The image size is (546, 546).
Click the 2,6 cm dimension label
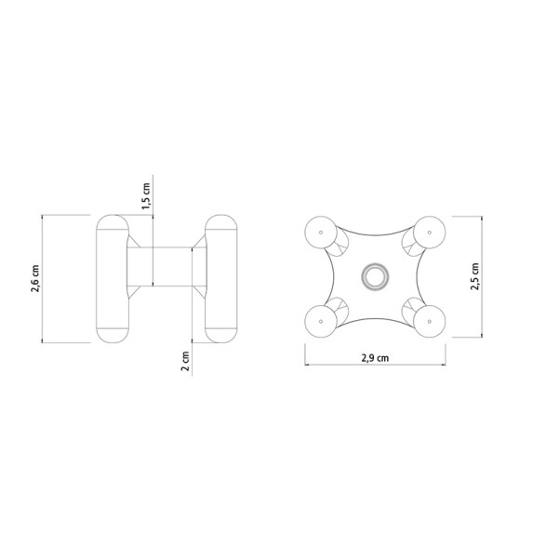[34, 279]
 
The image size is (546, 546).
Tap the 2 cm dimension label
[186, 361]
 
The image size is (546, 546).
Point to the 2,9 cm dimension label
[375, 358]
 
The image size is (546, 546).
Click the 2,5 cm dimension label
[475, 275]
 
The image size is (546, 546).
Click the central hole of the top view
[375, 276]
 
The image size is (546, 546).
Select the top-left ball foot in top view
[321, 232]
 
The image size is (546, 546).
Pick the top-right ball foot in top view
[430, 232]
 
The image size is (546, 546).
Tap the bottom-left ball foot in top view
[321, 321]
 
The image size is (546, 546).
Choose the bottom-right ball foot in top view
[430, 321]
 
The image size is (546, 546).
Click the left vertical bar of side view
[112, 278]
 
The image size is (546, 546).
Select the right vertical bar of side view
[221, 278]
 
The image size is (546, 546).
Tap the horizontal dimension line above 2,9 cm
[375, 348]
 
